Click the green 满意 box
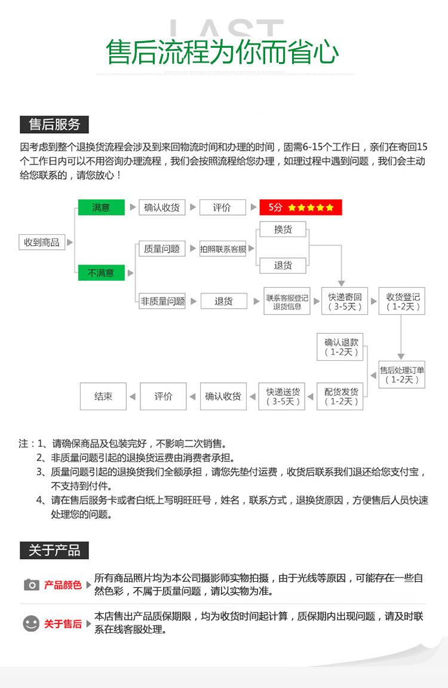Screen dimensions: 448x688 [x=101, y=207]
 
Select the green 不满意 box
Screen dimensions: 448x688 [x=101, y=273]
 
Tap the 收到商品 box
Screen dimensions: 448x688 [x=41, y=242]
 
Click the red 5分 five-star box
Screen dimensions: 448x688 [x=300, y=207]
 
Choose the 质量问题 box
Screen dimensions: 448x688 [x=161, y=249]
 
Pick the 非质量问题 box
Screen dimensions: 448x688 [x=161, y=301]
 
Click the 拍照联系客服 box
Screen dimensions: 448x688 [x=223, y=249]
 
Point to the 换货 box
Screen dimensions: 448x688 [x=283, y=229]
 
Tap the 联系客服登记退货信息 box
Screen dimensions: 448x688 [x=287, y=302]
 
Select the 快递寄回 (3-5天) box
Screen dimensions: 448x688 [x=345, y=302]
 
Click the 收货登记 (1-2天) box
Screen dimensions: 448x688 [x=403, y=302]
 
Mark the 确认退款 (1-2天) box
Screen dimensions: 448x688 [x=340, y=347]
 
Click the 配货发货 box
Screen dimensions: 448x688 [x=341, y=396]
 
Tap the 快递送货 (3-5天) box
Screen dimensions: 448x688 [x=283, y=396]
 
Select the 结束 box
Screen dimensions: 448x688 [x=103, y=396]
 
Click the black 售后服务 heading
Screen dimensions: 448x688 [x=54, y=125]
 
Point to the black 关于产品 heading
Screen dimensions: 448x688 [x=54, y=550]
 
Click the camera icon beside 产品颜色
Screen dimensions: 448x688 [x=31, y=585]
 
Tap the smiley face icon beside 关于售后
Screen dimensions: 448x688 [x=31, y=623]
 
